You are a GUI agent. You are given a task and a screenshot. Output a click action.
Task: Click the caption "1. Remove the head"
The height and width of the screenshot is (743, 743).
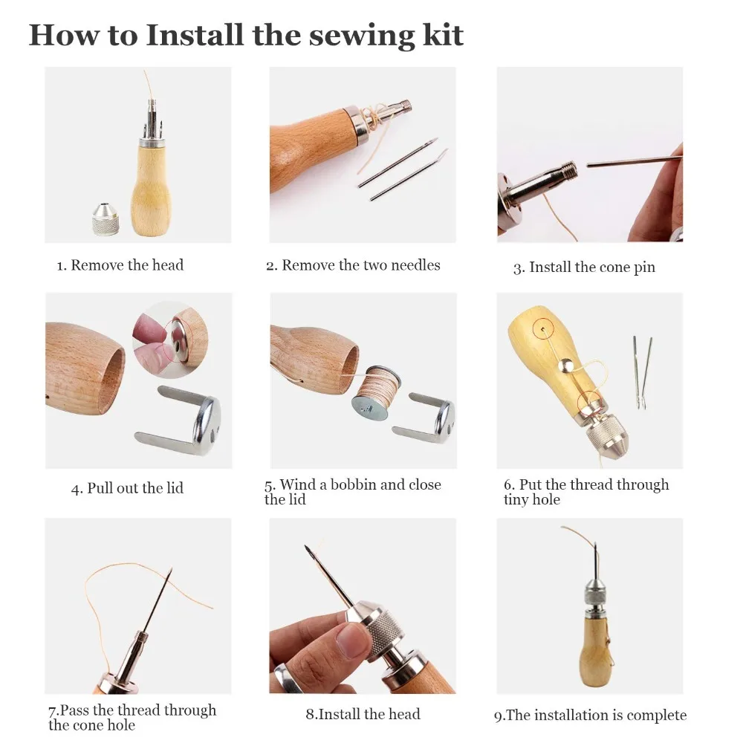[x=120, y=265]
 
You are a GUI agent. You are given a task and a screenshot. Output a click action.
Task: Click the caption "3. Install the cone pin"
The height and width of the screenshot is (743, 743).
[x=584, y=267]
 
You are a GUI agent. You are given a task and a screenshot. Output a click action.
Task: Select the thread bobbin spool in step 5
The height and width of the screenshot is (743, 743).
[x=376, y=392]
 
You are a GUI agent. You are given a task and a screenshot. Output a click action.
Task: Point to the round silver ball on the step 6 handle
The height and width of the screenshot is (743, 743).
[x=565, y=364]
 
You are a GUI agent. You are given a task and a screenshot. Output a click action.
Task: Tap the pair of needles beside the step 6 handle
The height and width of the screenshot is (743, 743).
[x=643, y=372]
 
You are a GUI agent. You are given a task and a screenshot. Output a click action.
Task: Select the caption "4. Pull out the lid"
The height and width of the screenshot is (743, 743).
[x=127, y=488]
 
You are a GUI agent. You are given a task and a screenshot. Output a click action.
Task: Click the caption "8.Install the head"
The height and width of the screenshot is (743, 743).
[x=363, y=713]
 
